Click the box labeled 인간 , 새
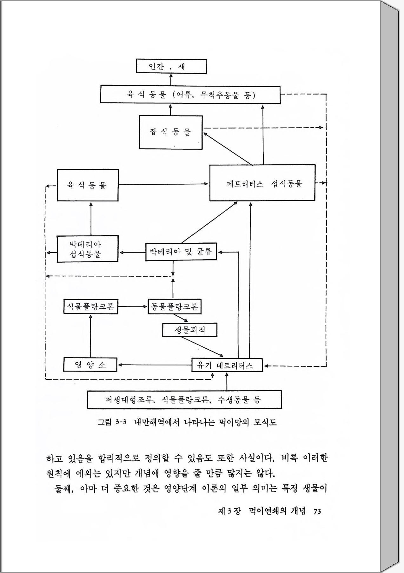point(171,67)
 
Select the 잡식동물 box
point(171,132)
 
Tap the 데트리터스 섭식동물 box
point(262,183)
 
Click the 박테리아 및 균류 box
point(181,252)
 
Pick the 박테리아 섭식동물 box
point(88,249)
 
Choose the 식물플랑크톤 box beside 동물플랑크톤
point(91,307)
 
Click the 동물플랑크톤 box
point(175,307)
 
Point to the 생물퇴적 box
point(190,330)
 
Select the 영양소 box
point(90,365)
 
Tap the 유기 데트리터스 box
point(227,365)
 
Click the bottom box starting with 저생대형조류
point(184,399)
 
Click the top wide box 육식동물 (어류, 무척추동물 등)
point(190,95)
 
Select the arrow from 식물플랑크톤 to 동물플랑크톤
point(133,307)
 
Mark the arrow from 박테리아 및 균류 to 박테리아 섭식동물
point(132,253)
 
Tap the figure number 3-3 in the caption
point(121,422)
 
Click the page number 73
point(317,511)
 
